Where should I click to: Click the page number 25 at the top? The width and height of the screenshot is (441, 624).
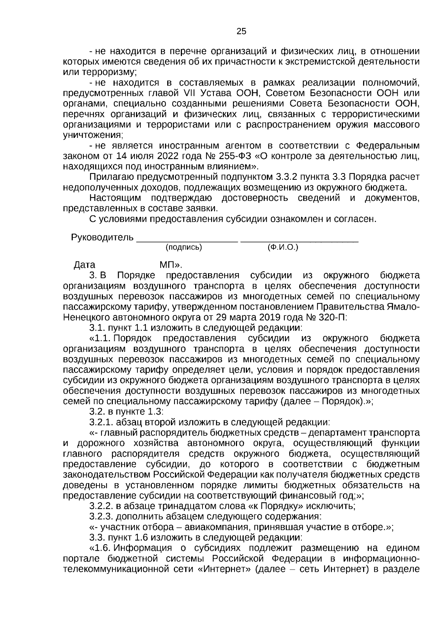coord(241,32)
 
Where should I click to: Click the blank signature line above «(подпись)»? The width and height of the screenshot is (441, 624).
coord(187,240)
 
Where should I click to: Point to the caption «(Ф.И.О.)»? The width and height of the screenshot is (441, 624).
coord(283,247)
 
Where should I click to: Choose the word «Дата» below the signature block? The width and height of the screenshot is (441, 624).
coord(85,265)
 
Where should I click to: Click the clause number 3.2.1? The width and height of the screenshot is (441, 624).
coord(101,422)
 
